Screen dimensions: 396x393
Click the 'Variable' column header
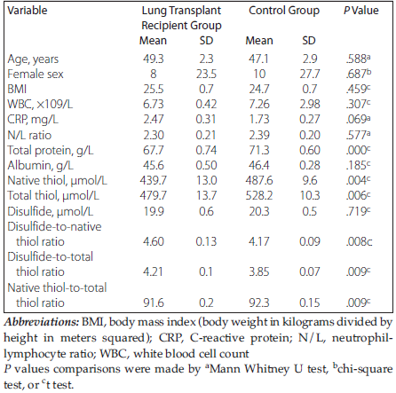pyautogui.click(x=28, y=11)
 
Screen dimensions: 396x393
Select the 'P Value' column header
pyautogui.click(x=361, y=11)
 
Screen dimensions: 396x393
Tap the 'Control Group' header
pyautogui.click(x=284, y=11)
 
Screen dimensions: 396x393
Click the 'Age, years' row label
pyautogui.click(x=33, y=59)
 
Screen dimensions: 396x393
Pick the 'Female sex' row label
pyautogui.click(x=36, y=74)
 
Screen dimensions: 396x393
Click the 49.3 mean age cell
pyautogui.click(x=154, y=59)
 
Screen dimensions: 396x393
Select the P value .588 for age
pyautogui.click(x=358, y=59)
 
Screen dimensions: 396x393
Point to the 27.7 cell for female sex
pyautogui.click(x=310, y=74)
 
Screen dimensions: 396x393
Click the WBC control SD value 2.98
pyautogui.click(x=310, y=104)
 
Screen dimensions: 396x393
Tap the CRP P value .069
pyautogui.click(x=358, y=119)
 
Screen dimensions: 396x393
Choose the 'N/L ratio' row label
pyautogui.click(x=29, y=135)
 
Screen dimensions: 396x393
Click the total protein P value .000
pyautogui.click(x=358, y=150)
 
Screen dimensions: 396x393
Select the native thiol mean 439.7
pyautogui.click(x=154, y=180)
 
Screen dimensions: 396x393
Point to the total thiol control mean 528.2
pyautogui.click(x=259, y=195)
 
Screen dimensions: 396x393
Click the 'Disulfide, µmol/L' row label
pyautogui.click(x=51, y=211)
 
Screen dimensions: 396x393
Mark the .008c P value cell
pyautogui.click(x=359, y=241)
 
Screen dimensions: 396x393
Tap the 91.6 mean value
pyautogui.click(x=154, y=303)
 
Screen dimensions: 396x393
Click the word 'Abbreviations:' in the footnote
pyautogui.click(x=42, y=322)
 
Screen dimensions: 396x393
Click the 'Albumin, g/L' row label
pyautogui.click(x=40, y=165)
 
